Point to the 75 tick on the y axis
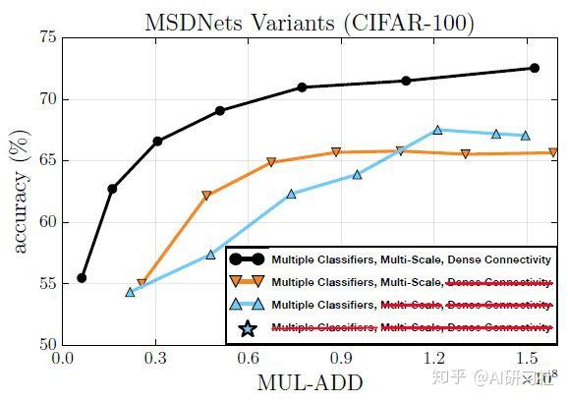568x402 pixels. [x=47, y=37]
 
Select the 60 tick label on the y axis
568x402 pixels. [x=47, y=222]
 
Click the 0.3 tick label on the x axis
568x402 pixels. [x=155, y=359]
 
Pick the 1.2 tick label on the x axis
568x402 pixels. [x=433, y=359]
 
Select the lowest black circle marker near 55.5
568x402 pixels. [x=82, y=278]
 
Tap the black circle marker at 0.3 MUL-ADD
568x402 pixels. [x=157, y=142]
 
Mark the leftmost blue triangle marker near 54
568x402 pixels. [x=130, y=292]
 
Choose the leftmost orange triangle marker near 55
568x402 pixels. [x=142, y=283]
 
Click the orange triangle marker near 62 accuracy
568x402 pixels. [x=206, y=196]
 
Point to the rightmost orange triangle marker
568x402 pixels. [x=553, y=152]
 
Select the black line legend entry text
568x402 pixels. [x=410, y=259]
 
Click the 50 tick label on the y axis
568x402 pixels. [x=47, y=345]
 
